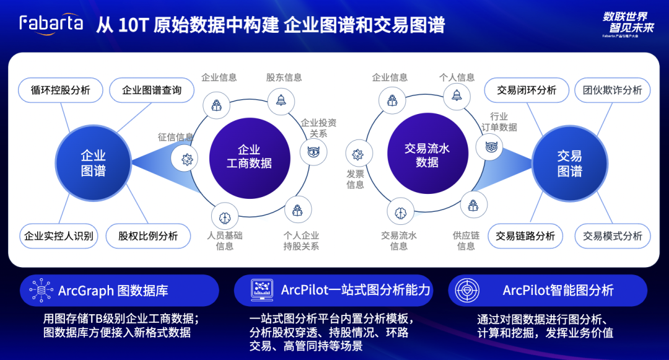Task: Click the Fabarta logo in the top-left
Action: coord(51,24)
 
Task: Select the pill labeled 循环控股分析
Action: coord(61,90)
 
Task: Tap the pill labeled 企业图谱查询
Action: coord(152,90)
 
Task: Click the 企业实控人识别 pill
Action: coord(59,235)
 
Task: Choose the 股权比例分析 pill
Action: coord(148,235)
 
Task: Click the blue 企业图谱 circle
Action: coord(94,163)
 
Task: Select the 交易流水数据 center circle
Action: coord(427,155)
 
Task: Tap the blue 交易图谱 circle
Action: coord(570,163)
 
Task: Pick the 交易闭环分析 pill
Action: coord(527,90)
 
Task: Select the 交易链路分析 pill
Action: coord(525,235)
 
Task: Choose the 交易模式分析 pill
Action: coord(613,235)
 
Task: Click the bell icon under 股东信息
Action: coord(281,99)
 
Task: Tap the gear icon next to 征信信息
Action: coord(186,159)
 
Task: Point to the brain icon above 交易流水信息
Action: coord(401,211)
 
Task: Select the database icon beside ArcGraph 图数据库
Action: coord(41,291)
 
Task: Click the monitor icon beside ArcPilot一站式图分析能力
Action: coord(262,290)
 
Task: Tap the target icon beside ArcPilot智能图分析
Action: coord(468,291)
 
